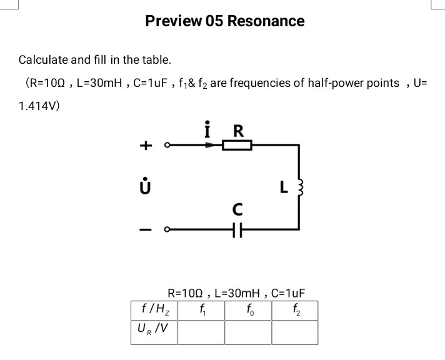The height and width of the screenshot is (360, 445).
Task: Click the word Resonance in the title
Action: pyautogui.click(x=266, y=21)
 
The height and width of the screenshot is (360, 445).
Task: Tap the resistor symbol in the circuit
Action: pyautogui.click(x=237, y=145)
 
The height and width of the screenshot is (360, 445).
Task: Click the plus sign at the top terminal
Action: pyautogui.click(x=145, y=146)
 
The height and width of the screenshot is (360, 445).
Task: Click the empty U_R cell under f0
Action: pyautogui.click(x=248, y=332)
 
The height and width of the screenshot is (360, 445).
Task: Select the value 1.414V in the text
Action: pyautogui.click(x=39, y=106)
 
